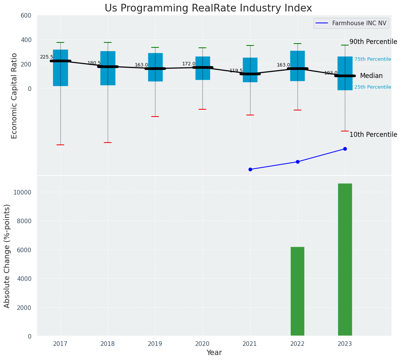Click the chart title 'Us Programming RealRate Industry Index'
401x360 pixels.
click(x=208, y=8)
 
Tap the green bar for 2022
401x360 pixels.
click(x=298, y=291)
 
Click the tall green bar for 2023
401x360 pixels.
click(x=345, y=259)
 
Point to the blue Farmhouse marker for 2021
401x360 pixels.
click(x=250, y=169)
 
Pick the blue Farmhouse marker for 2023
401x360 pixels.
click(x=345, y=149)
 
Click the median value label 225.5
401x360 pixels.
click(x=47, y=57)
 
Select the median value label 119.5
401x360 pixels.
click(x=236, y=71)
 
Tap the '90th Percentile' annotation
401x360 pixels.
click(x=373, y=42)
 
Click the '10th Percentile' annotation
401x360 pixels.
click(x=373, y=135)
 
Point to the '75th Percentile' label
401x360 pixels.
click(x=372, y=59)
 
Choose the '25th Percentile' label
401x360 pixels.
click(x=372, y=87)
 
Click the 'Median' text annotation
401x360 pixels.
click(x=371, y=76)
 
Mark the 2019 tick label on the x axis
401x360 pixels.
click(x=155, y=344)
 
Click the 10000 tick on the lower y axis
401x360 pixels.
click(x=23, y=192)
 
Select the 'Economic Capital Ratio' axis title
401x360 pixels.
click(x=15, y=96)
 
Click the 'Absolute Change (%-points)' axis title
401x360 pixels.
click(x=7, y=256)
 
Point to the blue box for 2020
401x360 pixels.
click(x=202, y=68)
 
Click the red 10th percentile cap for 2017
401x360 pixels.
click(x=60, y=145)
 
